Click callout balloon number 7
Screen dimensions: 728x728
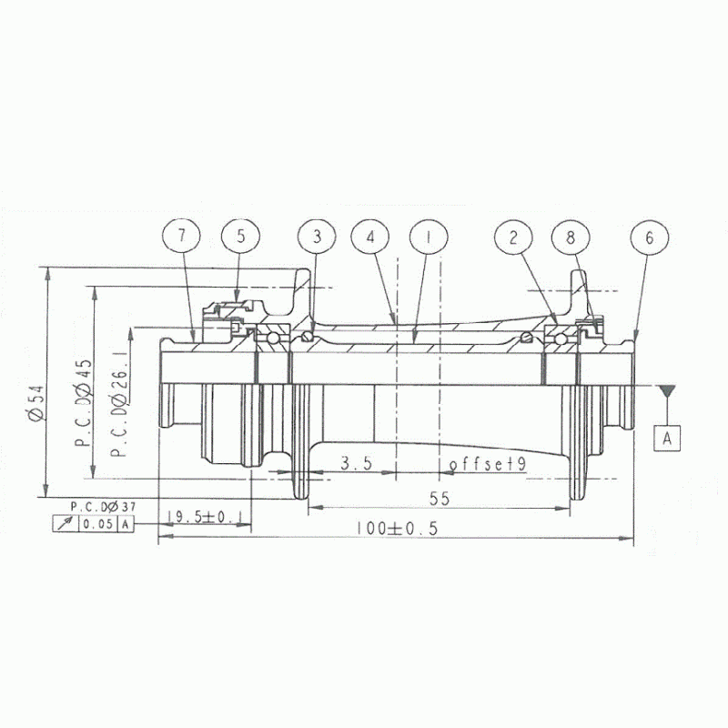pyautogui.click(x=181, y=237)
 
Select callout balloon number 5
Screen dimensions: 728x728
pyautogui.click(x=240, y=237)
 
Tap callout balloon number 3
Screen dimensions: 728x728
pyautogui.click(x=317, y=237)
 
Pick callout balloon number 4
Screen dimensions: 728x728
pyautogui.click(x=370, y=238)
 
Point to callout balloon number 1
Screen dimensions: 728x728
pyautogui.click(x=429, y=238)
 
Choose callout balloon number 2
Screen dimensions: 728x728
pyautogui.click(x=513, y=238)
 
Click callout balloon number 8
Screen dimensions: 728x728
pyautogui.click(x=571, y=238)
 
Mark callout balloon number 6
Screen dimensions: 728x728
pyautogui.click(x=650, y=238)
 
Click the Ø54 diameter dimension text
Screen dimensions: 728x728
pyautogui.click(x=36, y=403)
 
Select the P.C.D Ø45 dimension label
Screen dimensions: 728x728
pyautogui.click(x=84, y=402)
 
